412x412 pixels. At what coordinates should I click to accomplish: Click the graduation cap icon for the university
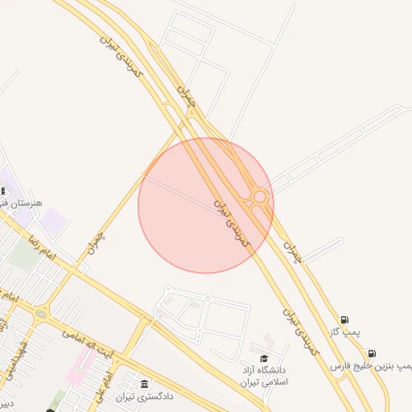(264, 358)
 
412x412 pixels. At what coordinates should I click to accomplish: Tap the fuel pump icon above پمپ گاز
(345, 319)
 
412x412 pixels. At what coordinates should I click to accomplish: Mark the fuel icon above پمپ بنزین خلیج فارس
(371, 353)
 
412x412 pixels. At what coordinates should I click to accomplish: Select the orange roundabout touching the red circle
(259, 197)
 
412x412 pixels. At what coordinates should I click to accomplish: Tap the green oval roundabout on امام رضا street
(40, 314)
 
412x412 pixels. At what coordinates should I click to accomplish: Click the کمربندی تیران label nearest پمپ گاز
(303, 330)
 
